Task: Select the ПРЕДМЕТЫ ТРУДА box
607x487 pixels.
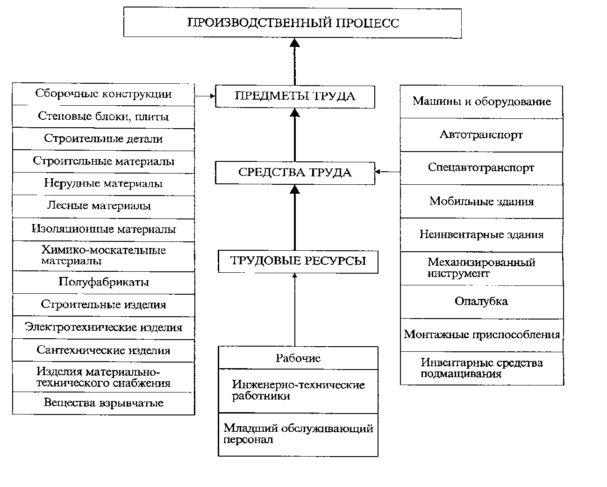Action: pos(295,96)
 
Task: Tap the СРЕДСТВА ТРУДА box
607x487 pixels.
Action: pos(295,173)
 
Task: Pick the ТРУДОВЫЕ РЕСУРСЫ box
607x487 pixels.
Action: pos(298,262)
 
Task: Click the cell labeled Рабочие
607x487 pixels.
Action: pos(298,358)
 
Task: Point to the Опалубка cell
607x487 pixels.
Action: pos(482,302)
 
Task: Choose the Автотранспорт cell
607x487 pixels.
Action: pos(481,135)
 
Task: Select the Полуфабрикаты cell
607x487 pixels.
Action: pos(104,283)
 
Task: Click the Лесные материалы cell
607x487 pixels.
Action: pos(104,206)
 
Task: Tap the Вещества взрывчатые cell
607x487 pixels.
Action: pos(104,403)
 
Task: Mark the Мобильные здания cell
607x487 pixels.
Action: pos(481,202)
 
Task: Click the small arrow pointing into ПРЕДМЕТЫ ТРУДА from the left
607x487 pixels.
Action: pos(205,96)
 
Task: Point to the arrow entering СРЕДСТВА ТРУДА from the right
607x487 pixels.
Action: pos(387,172)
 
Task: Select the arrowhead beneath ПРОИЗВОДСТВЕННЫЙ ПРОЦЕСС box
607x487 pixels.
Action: pos(295,43)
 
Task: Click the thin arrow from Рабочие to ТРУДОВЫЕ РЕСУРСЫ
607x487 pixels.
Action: pos(295,310)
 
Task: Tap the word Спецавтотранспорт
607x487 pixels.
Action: pos(481,167)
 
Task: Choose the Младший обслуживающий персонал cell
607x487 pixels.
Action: pos(298,435)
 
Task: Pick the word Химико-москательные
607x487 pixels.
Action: pos(104,250)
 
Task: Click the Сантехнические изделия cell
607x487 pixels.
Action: pos(104,350)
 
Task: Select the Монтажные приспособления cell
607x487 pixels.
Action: pos(482,335)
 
